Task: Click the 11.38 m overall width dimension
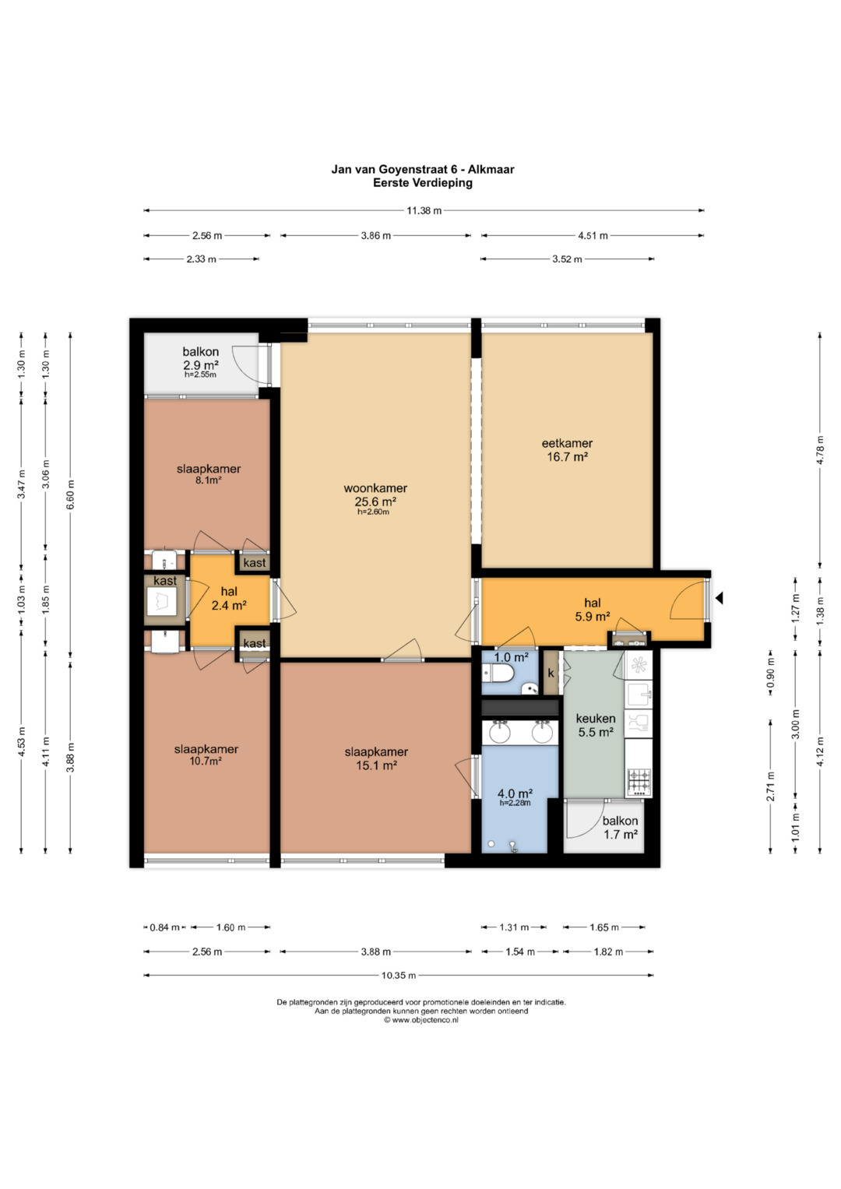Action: click(424, 211)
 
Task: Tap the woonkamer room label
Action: click(375, 487)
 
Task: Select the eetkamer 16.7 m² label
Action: click(567, 449)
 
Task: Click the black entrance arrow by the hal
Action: click(719, 598)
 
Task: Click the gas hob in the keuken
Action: click(639, 782)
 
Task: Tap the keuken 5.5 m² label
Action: click(596, 725)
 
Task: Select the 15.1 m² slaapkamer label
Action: click(376, 758)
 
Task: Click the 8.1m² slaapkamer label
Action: click(209, 474)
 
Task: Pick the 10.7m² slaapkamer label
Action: click(206, 755)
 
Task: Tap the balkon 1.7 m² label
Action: click(620, 828)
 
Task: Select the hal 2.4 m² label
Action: click(229, 598)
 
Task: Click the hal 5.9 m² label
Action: click(592, 610)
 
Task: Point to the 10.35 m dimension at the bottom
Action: click(398, 975)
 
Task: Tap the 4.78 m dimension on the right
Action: click(820, 450)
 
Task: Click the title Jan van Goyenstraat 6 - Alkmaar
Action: click(423, 169)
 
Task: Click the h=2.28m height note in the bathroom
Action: click(515, 803)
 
